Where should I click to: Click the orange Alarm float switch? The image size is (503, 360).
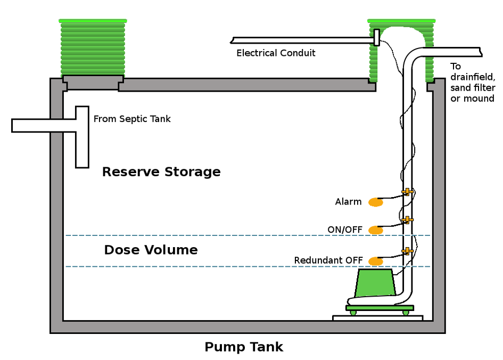376,202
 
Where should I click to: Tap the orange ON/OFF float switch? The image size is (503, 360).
376,230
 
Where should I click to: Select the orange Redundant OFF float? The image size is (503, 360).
376,261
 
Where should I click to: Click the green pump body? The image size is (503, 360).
376,283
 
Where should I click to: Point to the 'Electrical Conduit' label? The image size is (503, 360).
276,53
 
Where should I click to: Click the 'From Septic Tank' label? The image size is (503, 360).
132,119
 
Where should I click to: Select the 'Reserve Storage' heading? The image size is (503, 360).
161,172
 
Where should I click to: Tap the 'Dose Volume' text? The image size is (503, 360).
151,250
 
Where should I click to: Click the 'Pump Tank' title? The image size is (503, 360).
244,347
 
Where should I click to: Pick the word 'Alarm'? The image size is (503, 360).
348,202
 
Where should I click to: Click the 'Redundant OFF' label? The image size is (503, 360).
328,260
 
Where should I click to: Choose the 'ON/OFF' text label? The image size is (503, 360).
345,230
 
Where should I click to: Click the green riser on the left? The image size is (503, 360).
93,48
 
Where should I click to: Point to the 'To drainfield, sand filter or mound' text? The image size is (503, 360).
472,83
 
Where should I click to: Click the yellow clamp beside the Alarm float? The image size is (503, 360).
407,192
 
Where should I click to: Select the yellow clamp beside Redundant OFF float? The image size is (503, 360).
407,251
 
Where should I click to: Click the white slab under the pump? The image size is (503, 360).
377,318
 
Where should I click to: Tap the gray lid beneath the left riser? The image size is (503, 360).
93,83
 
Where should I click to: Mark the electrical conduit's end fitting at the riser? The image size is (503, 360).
376,37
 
